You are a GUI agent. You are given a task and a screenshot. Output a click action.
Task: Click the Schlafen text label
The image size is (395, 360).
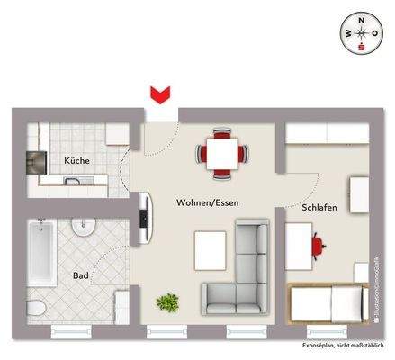coord(319,207)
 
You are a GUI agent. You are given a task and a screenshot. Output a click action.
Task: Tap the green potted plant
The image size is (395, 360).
coord(166,302)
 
